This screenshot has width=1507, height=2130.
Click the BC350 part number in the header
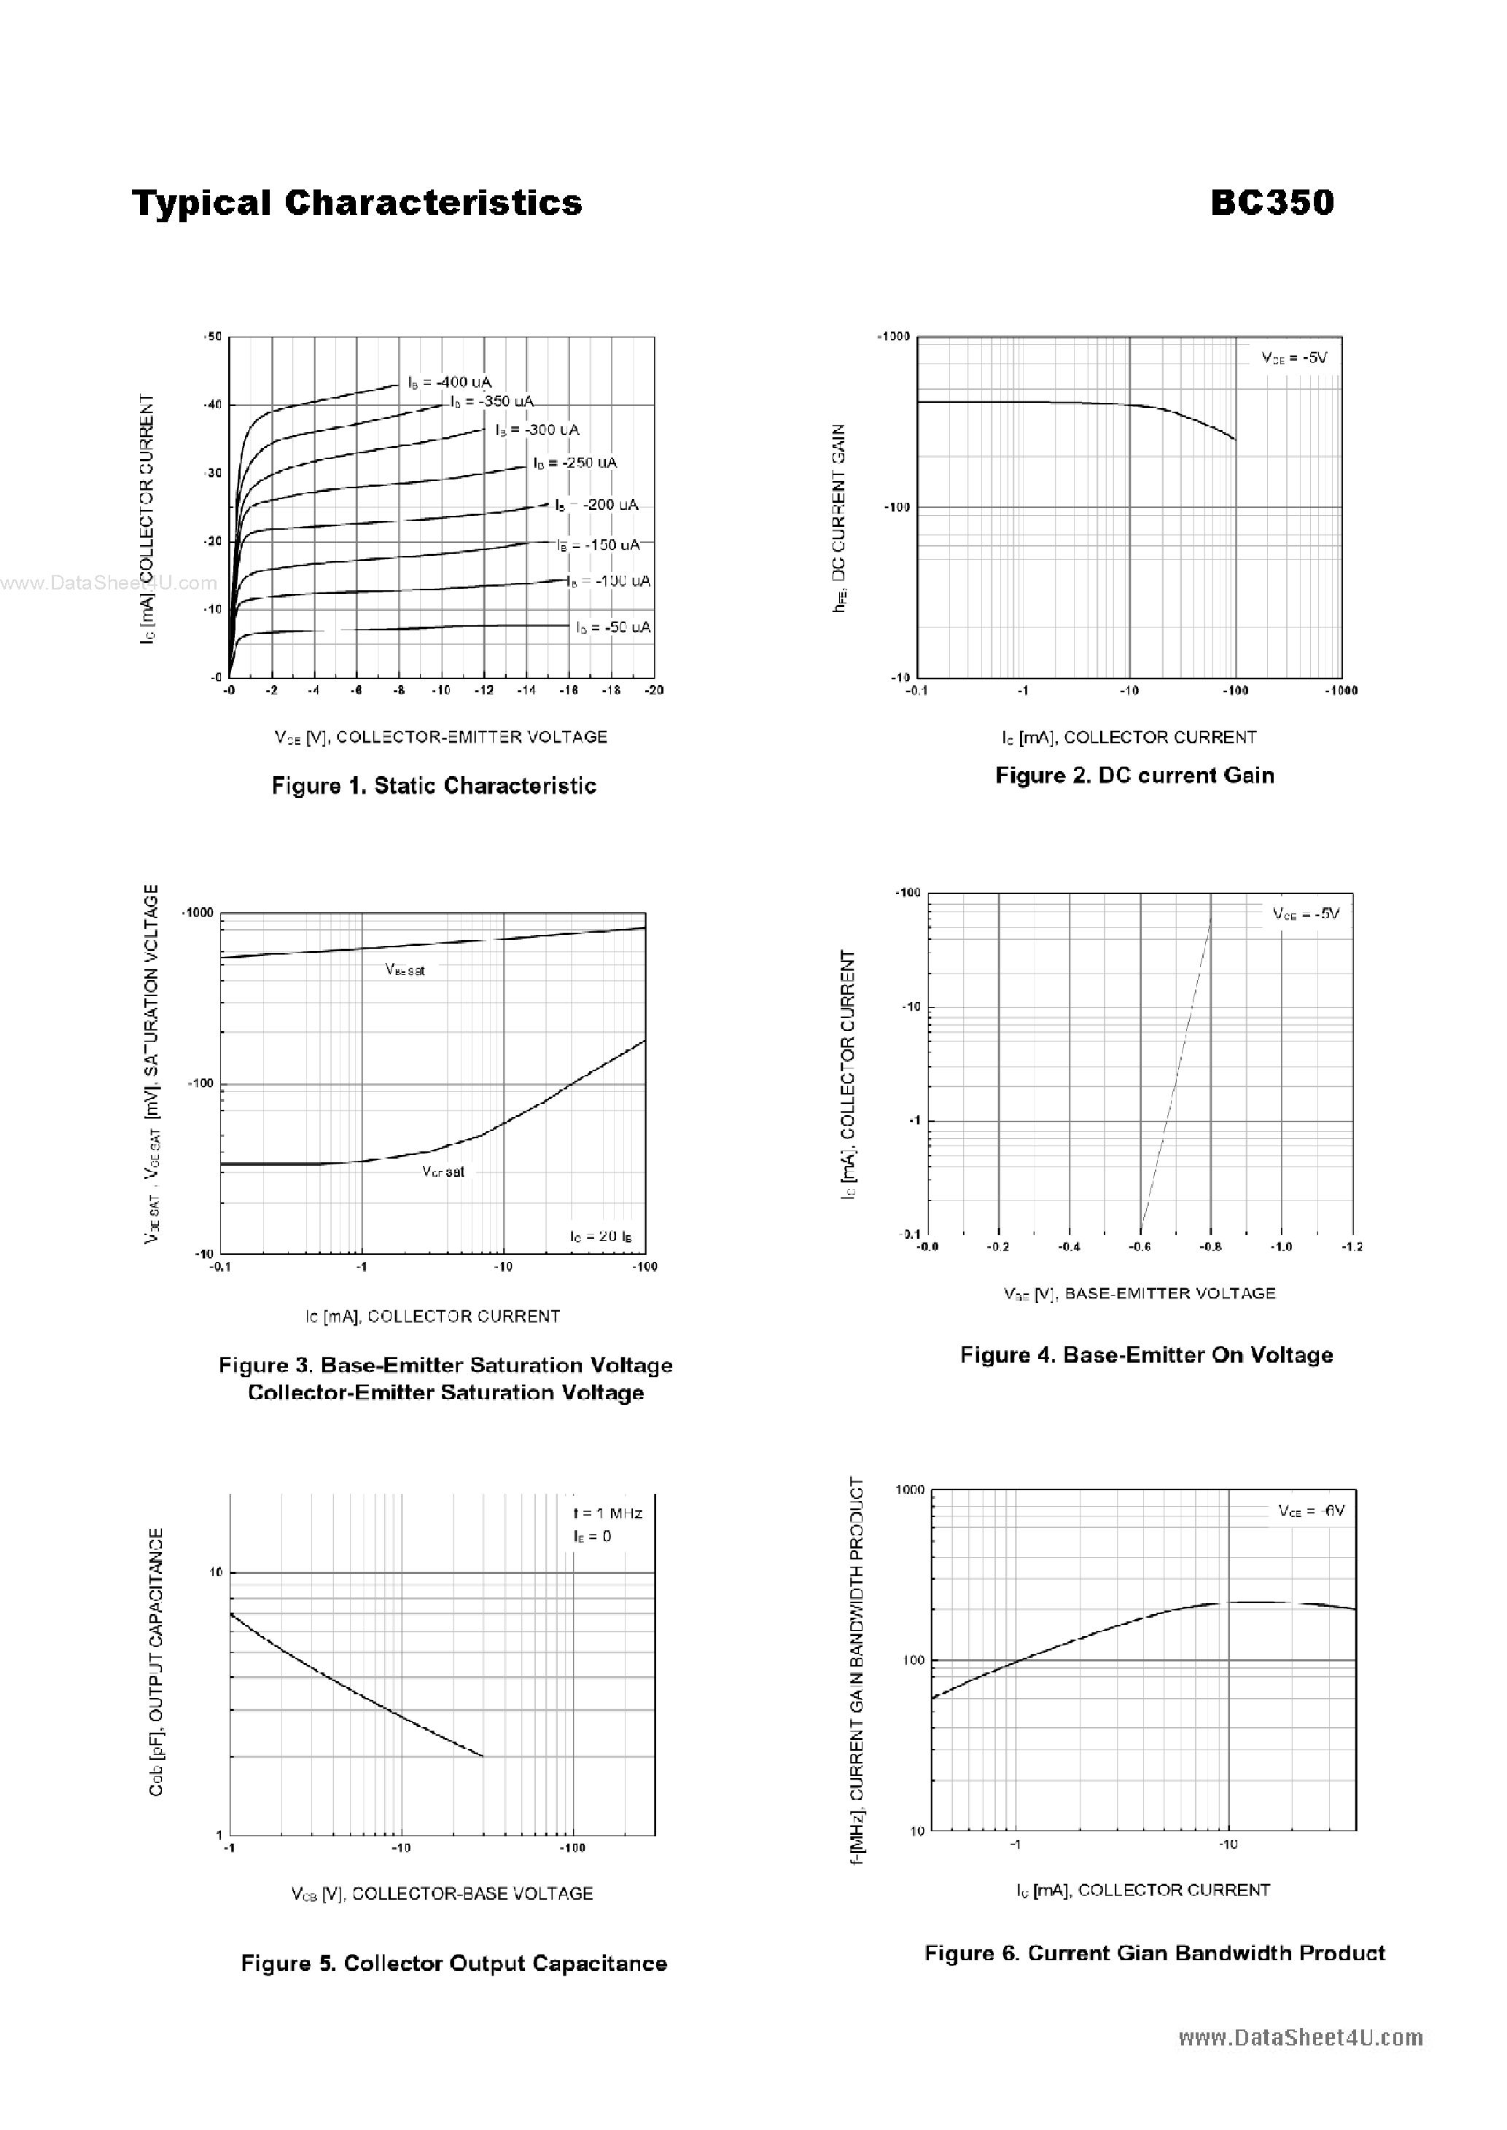[x=1272, y=203]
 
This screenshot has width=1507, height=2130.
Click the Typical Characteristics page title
[x=357, y=203]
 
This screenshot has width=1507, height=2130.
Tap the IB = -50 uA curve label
[x=613, y=628]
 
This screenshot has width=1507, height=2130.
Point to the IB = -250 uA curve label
[x=575, y=463]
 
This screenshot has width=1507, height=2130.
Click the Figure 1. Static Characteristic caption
[x=433, y=786]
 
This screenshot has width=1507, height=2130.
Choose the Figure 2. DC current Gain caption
[x=1134, y=775]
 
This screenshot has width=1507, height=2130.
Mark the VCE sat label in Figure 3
[x=443, y=1172]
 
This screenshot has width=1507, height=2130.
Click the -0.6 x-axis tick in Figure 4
[x=1140, y=1247]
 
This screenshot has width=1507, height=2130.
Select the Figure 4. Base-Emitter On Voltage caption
[x=1146, y=1355]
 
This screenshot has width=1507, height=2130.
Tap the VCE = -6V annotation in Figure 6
[x=1310, y=1511]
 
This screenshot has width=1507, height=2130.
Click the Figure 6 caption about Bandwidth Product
[x=1154, y=1953]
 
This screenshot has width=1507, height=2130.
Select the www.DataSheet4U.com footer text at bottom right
[x=1300, y=2037]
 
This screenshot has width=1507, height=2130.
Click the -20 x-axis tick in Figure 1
[x=654, y=690]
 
